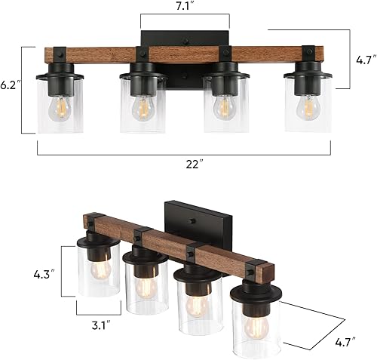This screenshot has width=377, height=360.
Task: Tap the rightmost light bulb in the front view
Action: [x=308, y=107]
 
